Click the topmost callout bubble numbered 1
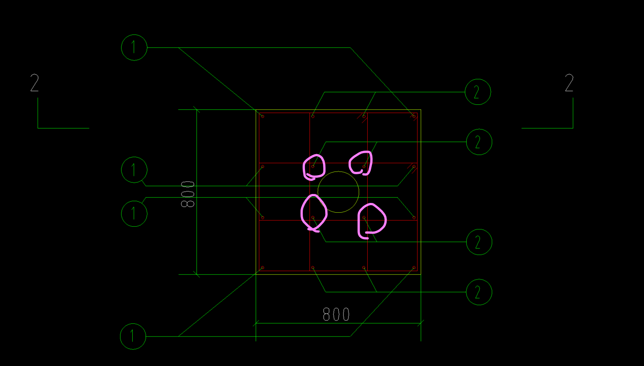134,47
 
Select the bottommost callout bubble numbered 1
133,336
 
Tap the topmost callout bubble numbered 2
478,92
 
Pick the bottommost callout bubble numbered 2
479,292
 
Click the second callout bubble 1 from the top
134,170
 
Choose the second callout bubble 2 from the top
479,142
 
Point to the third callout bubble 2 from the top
479,242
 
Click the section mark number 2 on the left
35,83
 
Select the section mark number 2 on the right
569,83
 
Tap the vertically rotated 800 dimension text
187,194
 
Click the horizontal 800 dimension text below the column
336,314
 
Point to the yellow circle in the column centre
338,192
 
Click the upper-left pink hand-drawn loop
314,167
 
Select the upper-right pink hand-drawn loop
361,162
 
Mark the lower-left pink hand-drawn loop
313,212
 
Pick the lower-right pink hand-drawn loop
371,219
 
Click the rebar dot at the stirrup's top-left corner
263,116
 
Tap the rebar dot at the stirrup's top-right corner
414,116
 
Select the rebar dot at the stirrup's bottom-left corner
263,268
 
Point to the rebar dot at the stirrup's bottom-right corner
414,268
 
